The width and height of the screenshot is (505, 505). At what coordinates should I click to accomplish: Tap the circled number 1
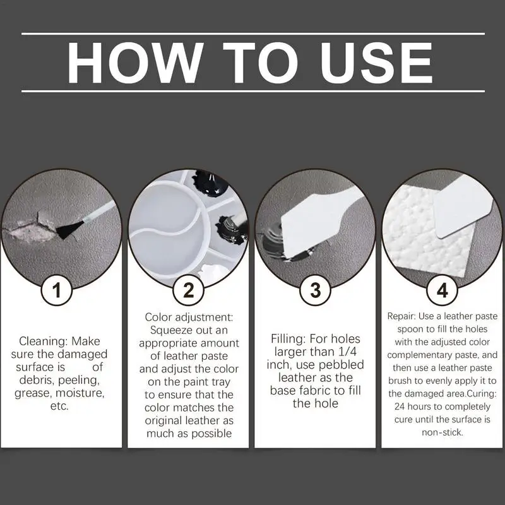(x=58, y=290)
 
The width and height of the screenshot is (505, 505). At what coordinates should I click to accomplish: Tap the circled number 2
(x=187, y=290)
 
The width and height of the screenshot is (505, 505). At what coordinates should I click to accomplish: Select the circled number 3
(x=315, y=290)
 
